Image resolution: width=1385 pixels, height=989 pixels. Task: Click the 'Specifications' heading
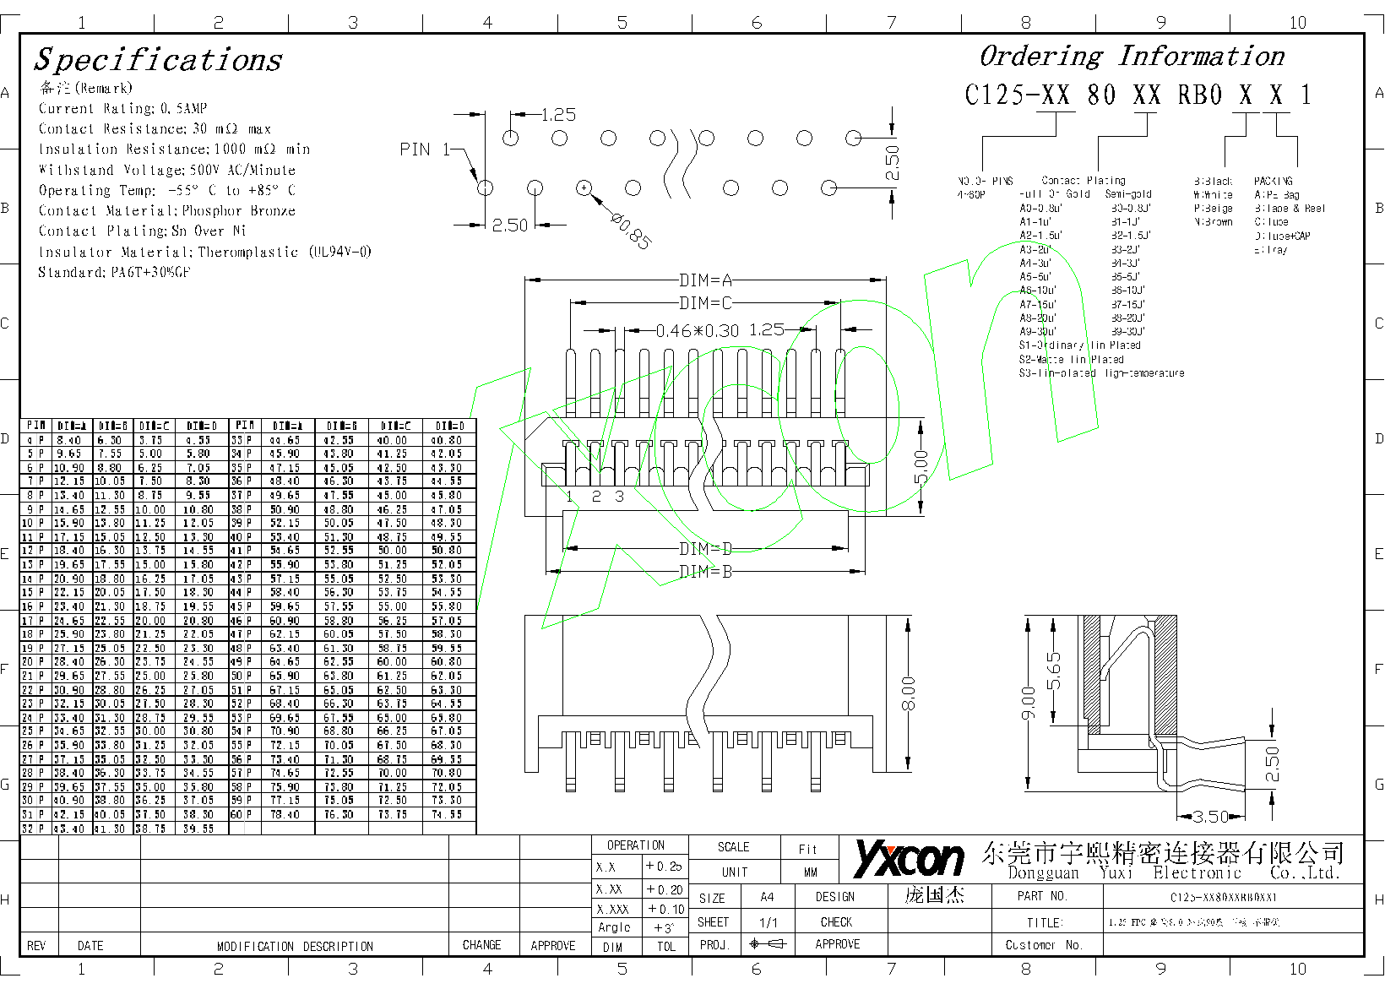pyautogui.click(x=158, y=60)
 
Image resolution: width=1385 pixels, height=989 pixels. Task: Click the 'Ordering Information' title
pyautogui.click(x=1132, y=57)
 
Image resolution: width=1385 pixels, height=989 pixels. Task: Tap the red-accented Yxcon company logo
pyautogui.click(x=909, y=858)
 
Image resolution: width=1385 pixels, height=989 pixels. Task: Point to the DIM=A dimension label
pyautogui.click(x=705, y=280)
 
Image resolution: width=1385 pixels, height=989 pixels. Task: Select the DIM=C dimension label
pyautogui.click(x=705, y=303)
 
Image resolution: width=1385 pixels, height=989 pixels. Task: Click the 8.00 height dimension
pyautogui.click(x=909, y=693)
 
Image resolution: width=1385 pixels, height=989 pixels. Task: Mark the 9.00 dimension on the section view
pyautogui.click(x=1028, y=703)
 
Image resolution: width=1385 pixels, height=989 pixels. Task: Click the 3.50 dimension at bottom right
pyautogui.click(x=1210, y=817)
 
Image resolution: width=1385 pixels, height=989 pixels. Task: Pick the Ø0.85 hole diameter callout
pyautogui.click(x=631, y=231)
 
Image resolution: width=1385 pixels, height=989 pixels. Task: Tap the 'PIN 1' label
pyautogui.click(x=425, y=149)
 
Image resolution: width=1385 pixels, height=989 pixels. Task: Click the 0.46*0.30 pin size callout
pyautogui.click(x=697, y=330)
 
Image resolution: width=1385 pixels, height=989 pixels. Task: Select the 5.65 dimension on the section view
pyautogui.click(x=1054, y=671)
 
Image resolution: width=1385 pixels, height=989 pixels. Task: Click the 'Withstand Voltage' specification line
pyautogui.click(x=166, y=170)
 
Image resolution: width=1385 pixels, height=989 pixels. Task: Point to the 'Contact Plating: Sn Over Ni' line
pyautogui.click(x=142, y=231)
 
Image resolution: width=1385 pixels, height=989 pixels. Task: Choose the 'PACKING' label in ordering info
pyautogui.click(x=1273, y=181)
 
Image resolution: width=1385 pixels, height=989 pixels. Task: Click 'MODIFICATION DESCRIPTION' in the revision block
pyautogui.click(x=295, y=946)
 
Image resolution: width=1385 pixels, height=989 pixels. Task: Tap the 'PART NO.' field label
pyautogui.click(x=1042, y=896)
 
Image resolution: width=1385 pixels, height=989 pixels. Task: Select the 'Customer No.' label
pyautogui.click(x=1043, y=945)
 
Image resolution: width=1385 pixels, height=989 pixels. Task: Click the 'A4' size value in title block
pyautogui.click(x=767, y=897)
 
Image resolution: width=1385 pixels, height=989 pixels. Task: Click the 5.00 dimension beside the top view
pyautogui.click(x=921, y=467)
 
